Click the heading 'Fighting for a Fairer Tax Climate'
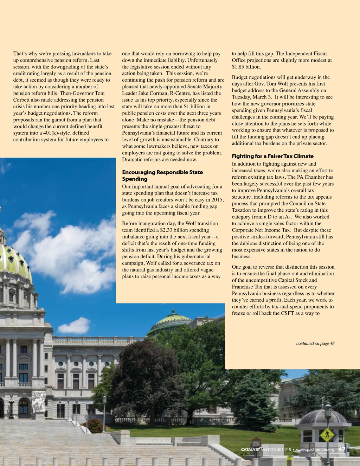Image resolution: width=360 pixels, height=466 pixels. coord(272,156)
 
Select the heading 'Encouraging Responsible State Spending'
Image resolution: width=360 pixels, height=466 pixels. coord(162,175)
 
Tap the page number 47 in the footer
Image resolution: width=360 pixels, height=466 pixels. coord(342,449)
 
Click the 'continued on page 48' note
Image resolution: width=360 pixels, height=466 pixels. coord(315,343)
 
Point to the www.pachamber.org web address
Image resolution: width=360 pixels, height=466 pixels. coord(315,449)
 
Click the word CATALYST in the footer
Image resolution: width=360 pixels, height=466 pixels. coord(250,449)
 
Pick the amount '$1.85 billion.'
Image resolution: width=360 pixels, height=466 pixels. coord(246,67)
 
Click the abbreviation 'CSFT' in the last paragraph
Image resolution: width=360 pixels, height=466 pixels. coord(287,313)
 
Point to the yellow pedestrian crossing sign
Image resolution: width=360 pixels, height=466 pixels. coord(327,435)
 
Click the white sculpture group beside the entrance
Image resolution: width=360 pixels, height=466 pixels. coord(38,402)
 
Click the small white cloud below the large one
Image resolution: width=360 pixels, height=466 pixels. coord(75,325)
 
